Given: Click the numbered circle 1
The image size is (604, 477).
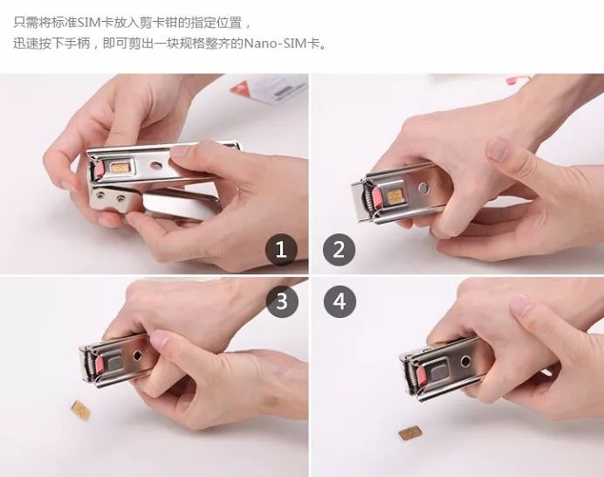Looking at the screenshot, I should pyautogui.click(x=281, y=251).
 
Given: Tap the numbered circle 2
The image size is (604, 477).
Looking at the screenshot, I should pyautogui.click(x=339, y=251).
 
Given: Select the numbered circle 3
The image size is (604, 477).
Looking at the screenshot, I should pyautogui.click(x=281, y=302).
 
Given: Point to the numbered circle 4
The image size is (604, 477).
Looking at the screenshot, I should pyautogui.click(x=339, y=302).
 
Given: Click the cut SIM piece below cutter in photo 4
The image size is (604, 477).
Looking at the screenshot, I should pyautogui.click(x=407, y=432).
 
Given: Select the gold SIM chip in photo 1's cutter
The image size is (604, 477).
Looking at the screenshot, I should pyautogui.click(x=121, y=166).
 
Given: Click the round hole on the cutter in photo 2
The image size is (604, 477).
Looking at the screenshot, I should pyautogui.click(x=424, y=186).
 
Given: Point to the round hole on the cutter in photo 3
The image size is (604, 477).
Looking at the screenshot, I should pyautogui.click(x=137, y=356).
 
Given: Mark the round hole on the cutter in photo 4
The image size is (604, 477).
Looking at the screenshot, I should pyautogui.click(x=465, y=362).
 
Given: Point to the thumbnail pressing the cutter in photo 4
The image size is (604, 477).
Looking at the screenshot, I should pyautogui.click(x=521, y=305).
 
